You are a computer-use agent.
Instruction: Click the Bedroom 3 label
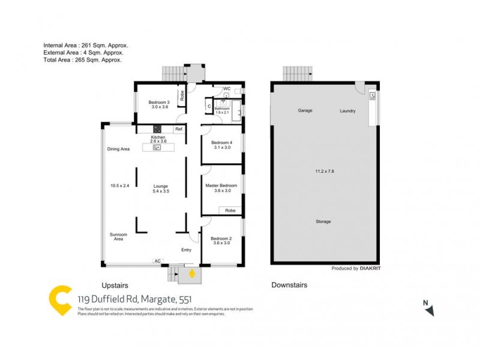[x=160, y=103]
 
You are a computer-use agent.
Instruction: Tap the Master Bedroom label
[x=221, y=186]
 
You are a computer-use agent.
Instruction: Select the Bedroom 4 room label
[x=221, y=142]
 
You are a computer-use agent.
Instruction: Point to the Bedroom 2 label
[x=221, y=238]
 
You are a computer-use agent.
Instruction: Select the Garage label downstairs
[x=307, y=111]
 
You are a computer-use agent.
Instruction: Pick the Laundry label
[x=347, y=111]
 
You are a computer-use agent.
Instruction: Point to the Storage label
[x=323, y=221]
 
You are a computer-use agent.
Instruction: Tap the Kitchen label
[x=158, y=137]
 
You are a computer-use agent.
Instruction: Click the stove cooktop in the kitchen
[x=158, y=128]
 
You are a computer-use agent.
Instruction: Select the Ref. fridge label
[x=179, y=130]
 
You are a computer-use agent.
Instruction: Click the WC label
[x=227, y=89]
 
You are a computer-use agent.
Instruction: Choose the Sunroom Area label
[x=118, y=236]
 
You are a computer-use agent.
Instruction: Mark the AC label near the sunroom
[x=157, y=261]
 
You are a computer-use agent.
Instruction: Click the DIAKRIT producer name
[x=370, y=269]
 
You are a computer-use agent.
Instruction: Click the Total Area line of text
[x=83, y=60]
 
